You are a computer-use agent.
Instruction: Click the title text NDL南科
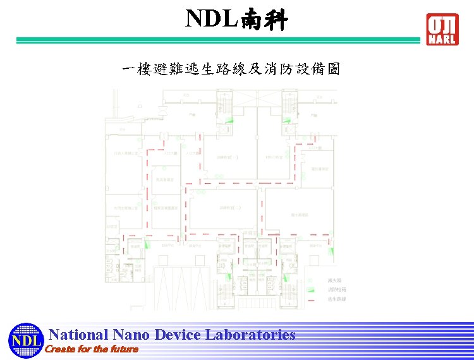[x=236, y=20]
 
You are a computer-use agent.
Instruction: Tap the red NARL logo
[x=442, y=30]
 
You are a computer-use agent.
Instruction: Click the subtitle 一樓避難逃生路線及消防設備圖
[x=231, y=69]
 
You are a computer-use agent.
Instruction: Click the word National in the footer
[x=79, y=335]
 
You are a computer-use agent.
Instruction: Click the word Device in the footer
[x=178, y=335]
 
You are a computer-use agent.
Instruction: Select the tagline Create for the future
[x=92, y=349]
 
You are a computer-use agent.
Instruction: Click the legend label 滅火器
[x=334, y=280]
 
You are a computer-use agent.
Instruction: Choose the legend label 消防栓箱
[x=336, y=289]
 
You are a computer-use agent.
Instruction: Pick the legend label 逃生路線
[x=336, y=298]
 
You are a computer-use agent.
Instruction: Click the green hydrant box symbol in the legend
[x=311, y=289]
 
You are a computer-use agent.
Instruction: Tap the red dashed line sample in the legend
[x=311, y=298]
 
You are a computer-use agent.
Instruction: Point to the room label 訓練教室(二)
[x=227, y=207]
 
